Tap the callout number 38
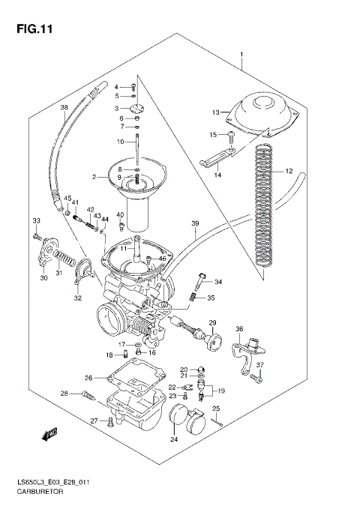tap(64, 108)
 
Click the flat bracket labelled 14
tap(218, 158)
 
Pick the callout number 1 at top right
tap(241, 55)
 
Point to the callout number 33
tap(35, 220)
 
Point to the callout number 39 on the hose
tap(194, 223)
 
